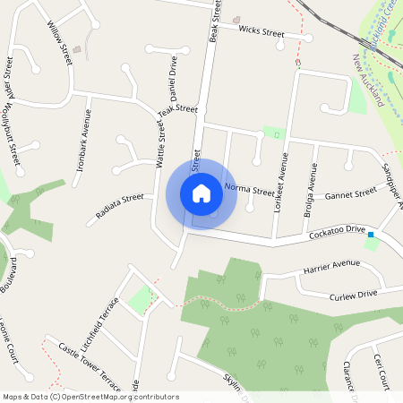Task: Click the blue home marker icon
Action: point(201,193)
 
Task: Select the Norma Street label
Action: point(250,190)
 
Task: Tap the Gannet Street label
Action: point(350,194)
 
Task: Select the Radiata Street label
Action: point(120,209)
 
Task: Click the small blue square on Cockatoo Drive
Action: point(370,234)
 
